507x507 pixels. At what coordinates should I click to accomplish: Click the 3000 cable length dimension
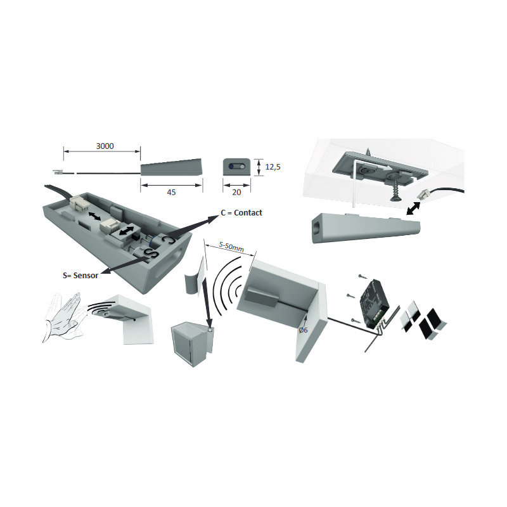pos(105,146)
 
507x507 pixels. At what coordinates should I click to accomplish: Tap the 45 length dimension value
pos(171,193)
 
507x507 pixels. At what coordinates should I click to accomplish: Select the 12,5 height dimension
pos(273,167)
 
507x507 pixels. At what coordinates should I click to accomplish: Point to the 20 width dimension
pos(236,193)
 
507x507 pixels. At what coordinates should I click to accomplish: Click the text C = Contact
pos(241,213)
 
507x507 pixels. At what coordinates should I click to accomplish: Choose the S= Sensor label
pos(80,276)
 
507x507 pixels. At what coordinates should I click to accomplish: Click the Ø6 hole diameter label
pos(303,330)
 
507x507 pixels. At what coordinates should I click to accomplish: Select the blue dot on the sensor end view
pos(231,167)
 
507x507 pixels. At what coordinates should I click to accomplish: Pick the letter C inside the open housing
pos(168,241)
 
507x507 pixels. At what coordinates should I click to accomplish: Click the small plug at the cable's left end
pos(57,172)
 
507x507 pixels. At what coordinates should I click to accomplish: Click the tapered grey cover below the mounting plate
pos(365,228)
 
